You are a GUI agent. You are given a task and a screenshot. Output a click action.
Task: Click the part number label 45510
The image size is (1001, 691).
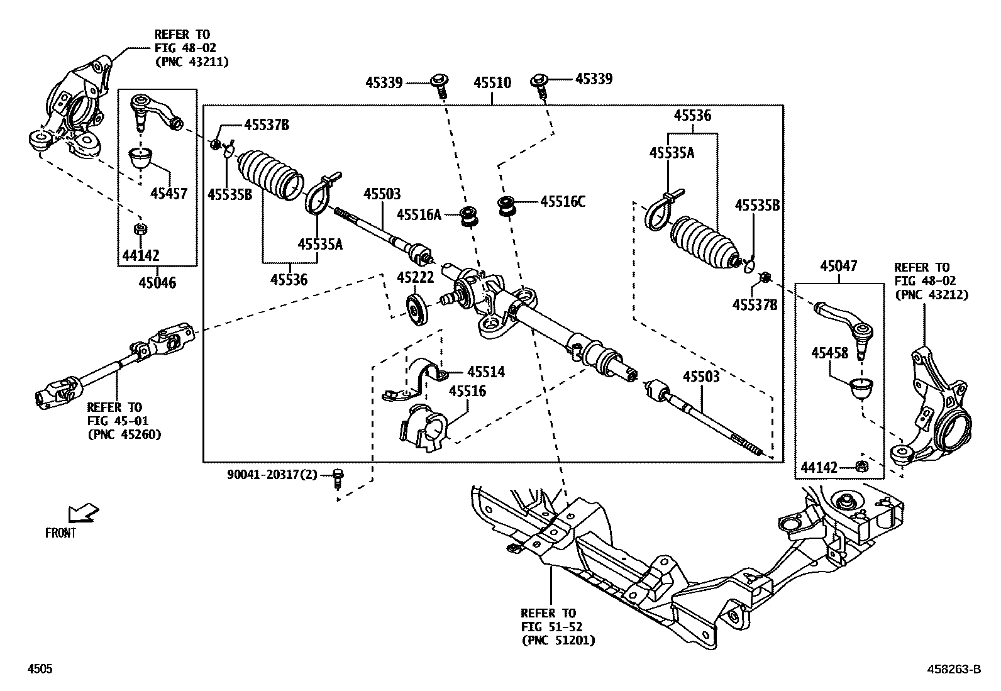(x=492, y=82)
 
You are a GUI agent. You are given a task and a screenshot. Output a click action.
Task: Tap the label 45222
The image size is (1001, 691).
(x=415, y=277)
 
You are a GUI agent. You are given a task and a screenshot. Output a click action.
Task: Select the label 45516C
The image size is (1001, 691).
(x=563, y=202)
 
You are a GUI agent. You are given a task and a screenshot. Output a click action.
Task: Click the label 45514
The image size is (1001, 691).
(x=486, y=372)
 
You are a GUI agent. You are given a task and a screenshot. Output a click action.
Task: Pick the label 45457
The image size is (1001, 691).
(x=169, y=194)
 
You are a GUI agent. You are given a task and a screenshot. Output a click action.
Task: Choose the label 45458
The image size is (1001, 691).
(x=829, y=353)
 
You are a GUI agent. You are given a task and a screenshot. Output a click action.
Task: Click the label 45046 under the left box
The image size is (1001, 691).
(x=157, y=283)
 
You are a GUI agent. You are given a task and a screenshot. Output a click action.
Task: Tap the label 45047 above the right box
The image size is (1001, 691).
(x=838, y=267)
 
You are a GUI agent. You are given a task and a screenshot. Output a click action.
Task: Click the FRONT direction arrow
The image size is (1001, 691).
(x=84, y=512)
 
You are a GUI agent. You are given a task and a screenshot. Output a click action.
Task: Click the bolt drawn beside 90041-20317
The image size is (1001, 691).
(x=338, y=478)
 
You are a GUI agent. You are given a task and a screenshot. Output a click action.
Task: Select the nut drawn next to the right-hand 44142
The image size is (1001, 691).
(x=862, y=467)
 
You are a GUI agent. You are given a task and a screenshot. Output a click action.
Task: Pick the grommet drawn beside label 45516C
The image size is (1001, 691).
(x=507, y=206)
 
